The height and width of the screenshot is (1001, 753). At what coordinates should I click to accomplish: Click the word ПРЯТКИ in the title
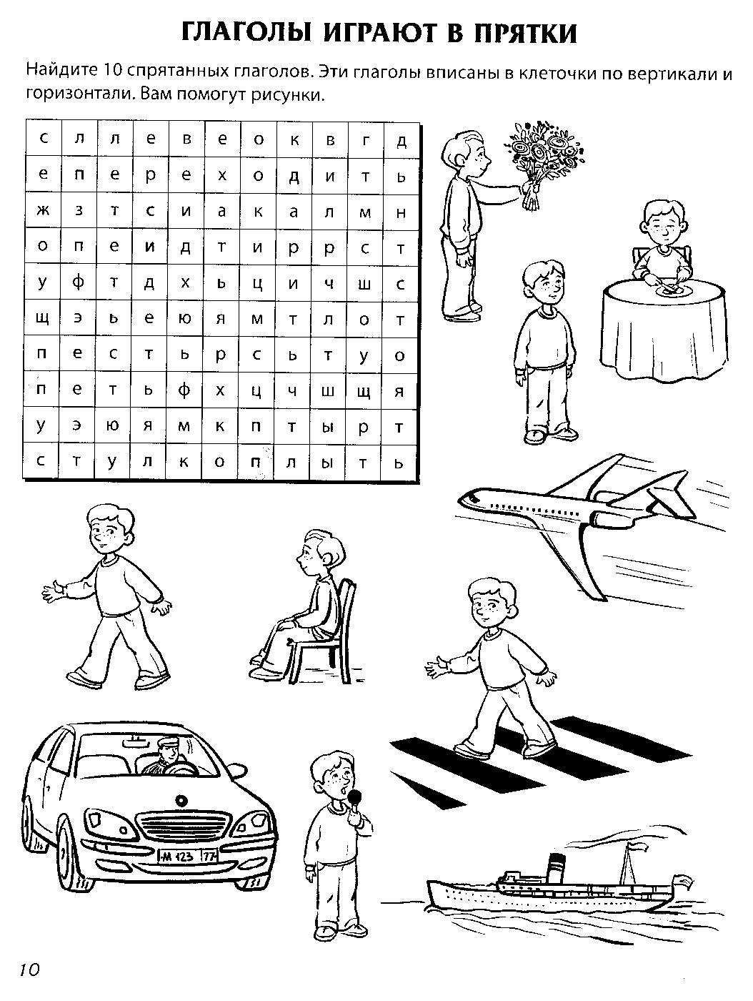(x=525, y=34)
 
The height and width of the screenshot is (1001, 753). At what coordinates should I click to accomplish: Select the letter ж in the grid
(x=43, y=211)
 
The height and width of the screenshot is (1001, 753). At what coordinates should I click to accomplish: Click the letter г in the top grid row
(x=365, y=139)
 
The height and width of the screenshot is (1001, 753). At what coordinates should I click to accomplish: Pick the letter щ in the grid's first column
(x=43, y=319)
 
